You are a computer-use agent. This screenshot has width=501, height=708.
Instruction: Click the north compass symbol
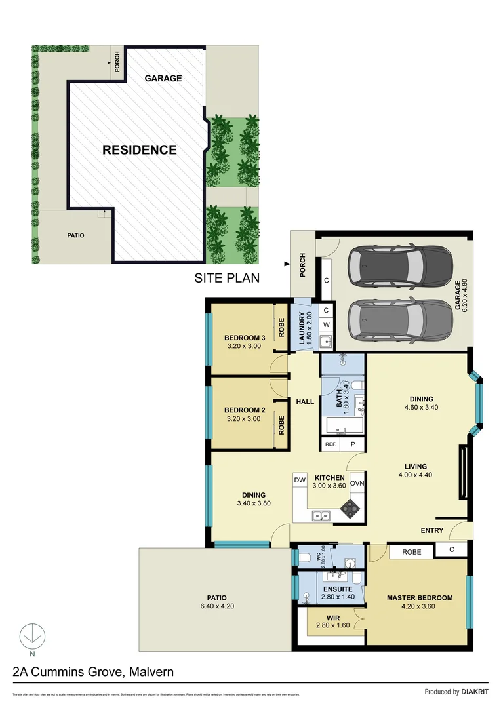click(x=30, y=635)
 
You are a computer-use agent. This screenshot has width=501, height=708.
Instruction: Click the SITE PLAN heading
click(x=227, y=278)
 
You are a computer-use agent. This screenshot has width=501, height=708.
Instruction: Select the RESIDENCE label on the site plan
click(x=139, y=150)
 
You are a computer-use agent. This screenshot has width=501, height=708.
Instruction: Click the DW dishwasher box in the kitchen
click(x=300, y=481)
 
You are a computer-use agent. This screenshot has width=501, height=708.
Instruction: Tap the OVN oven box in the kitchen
click(x=357, y=483)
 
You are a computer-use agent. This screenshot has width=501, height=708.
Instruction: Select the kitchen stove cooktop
click(x=350, y=506)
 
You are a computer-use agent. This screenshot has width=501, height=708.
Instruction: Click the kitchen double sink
click(x=321, y=516)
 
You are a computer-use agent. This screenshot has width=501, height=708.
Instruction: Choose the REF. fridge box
click(x=331, y=444)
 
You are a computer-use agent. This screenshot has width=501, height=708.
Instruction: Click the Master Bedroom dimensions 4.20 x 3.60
click(x=420, y=606)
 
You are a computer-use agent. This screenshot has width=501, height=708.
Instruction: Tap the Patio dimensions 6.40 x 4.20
click(x=216, y=606)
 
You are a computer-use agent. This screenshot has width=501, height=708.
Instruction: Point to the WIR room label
click(x=333, y=618)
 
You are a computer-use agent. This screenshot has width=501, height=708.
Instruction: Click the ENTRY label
click(x=431, y=530)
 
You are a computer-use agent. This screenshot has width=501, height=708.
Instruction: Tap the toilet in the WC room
click(x=305, y=558)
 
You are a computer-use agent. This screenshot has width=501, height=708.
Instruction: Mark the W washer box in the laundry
click(x=326, y=324)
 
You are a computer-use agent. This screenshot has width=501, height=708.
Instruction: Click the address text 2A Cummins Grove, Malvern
click(x=93, y=672)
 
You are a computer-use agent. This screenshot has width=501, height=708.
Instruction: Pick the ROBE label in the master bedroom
click(x=412, y=552)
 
